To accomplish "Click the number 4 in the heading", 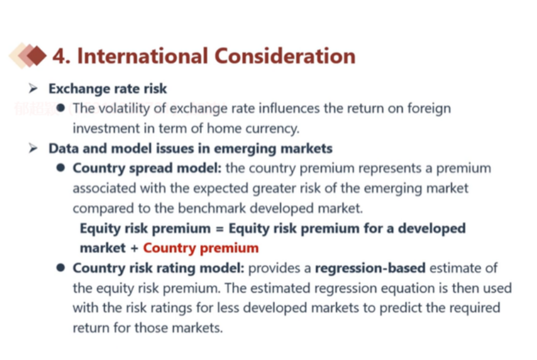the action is click(59, 56).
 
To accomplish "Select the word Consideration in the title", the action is click(285, 56).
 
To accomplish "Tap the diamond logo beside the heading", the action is click(28, 56).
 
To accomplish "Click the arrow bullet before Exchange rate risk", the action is click(33, 88).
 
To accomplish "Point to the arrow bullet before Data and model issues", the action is click(33, 148).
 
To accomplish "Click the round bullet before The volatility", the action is click(60, 108).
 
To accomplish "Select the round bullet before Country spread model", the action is click(60, 168).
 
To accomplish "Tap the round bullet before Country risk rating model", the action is click(60, 268).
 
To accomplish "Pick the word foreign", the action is click(429, 108).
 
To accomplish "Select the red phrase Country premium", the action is click(201, 248).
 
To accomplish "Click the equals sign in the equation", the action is click(220, 229).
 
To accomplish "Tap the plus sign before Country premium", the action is click(134, 248).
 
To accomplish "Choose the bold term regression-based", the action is click(370, 268).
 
